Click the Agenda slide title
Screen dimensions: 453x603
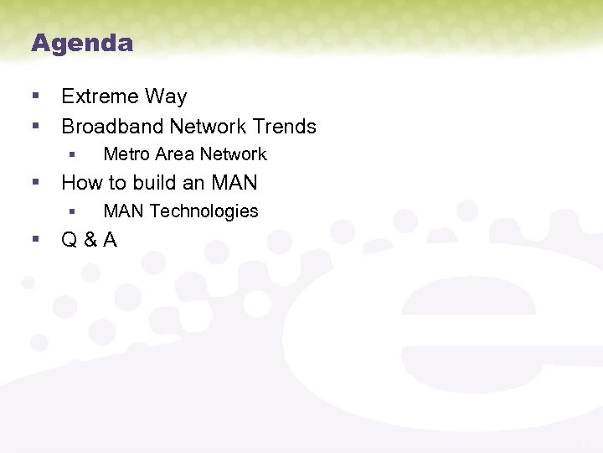point(82,43)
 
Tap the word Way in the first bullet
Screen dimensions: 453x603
point(167,96)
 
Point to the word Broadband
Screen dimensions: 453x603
point(111,127)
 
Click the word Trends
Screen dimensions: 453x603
point(285,127)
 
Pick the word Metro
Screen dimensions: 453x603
point(124,154)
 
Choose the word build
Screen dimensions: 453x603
point(147,183)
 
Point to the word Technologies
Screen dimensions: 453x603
point(204,211)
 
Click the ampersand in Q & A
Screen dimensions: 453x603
point(89,240)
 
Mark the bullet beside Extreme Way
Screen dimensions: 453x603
point(35,96)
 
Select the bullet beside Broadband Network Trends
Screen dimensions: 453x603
point(35,126)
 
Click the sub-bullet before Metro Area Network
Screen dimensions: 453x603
point(72,154)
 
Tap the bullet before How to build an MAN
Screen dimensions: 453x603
point(35,182)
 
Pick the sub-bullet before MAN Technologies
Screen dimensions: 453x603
point(72,211)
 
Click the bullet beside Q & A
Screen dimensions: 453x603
point(35,239)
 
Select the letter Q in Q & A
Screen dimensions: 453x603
point(70,240)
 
